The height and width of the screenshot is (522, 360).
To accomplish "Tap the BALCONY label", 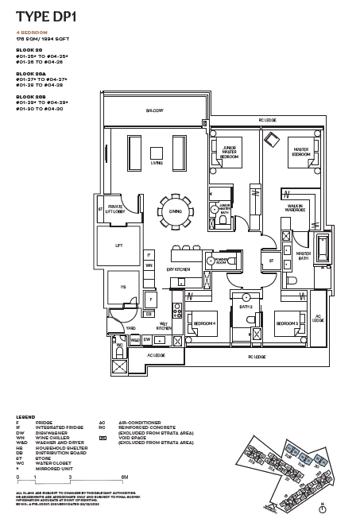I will click(x=156, y=110).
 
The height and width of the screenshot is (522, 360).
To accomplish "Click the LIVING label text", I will click(x=157, y=163).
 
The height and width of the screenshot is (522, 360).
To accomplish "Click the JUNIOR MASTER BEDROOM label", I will click(x=229, y=153).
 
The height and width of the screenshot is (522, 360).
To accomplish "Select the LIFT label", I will click(x=118, y=246).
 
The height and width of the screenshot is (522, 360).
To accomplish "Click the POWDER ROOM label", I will click(x=221, y=260).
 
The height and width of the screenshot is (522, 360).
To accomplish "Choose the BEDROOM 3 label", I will click(x=286, y=323).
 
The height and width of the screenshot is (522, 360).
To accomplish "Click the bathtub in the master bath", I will click(x=324, y=249).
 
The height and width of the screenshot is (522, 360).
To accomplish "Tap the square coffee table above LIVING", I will click(x=157, y=152).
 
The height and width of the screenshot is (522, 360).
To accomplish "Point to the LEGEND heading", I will click(x=25, y=416).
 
